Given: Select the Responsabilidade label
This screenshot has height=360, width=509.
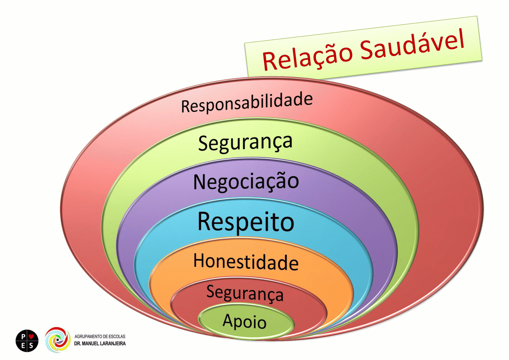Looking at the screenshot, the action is pyautogui.click(x=247, y=102).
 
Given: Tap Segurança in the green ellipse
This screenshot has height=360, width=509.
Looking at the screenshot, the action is pyautogui.click(x=245, y=142).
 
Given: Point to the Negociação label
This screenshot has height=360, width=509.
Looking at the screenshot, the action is pyautogui.click(x=246, y=182).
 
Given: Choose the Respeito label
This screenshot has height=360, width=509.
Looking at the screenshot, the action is pyautogui.click(x=246, y=222).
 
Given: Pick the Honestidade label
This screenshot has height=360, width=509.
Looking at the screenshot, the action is pyautogui.click(x=246, y=262).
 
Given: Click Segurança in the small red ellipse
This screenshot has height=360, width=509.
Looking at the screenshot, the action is pyautogui.click(x=245, y=293).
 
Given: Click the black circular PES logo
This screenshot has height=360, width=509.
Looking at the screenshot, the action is pyautogui.click(x=27, y=341).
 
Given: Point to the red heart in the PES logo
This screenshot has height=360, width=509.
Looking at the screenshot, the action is pyautogui.click(x=31, y=336).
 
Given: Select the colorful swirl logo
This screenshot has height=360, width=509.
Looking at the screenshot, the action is pyautogui.click(x=58, y=340).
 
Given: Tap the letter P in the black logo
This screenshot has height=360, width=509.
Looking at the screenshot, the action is pyautogui.click(x=23, y=336).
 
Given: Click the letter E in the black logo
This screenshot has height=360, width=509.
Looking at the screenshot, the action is pyautogui.click(x=23, y=345).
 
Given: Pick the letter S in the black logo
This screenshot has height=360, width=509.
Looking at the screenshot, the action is pyautogui.click(x=31, y=345).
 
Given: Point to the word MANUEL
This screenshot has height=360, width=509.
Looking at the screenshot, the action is pyautogui.click(x=91, y=344).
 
